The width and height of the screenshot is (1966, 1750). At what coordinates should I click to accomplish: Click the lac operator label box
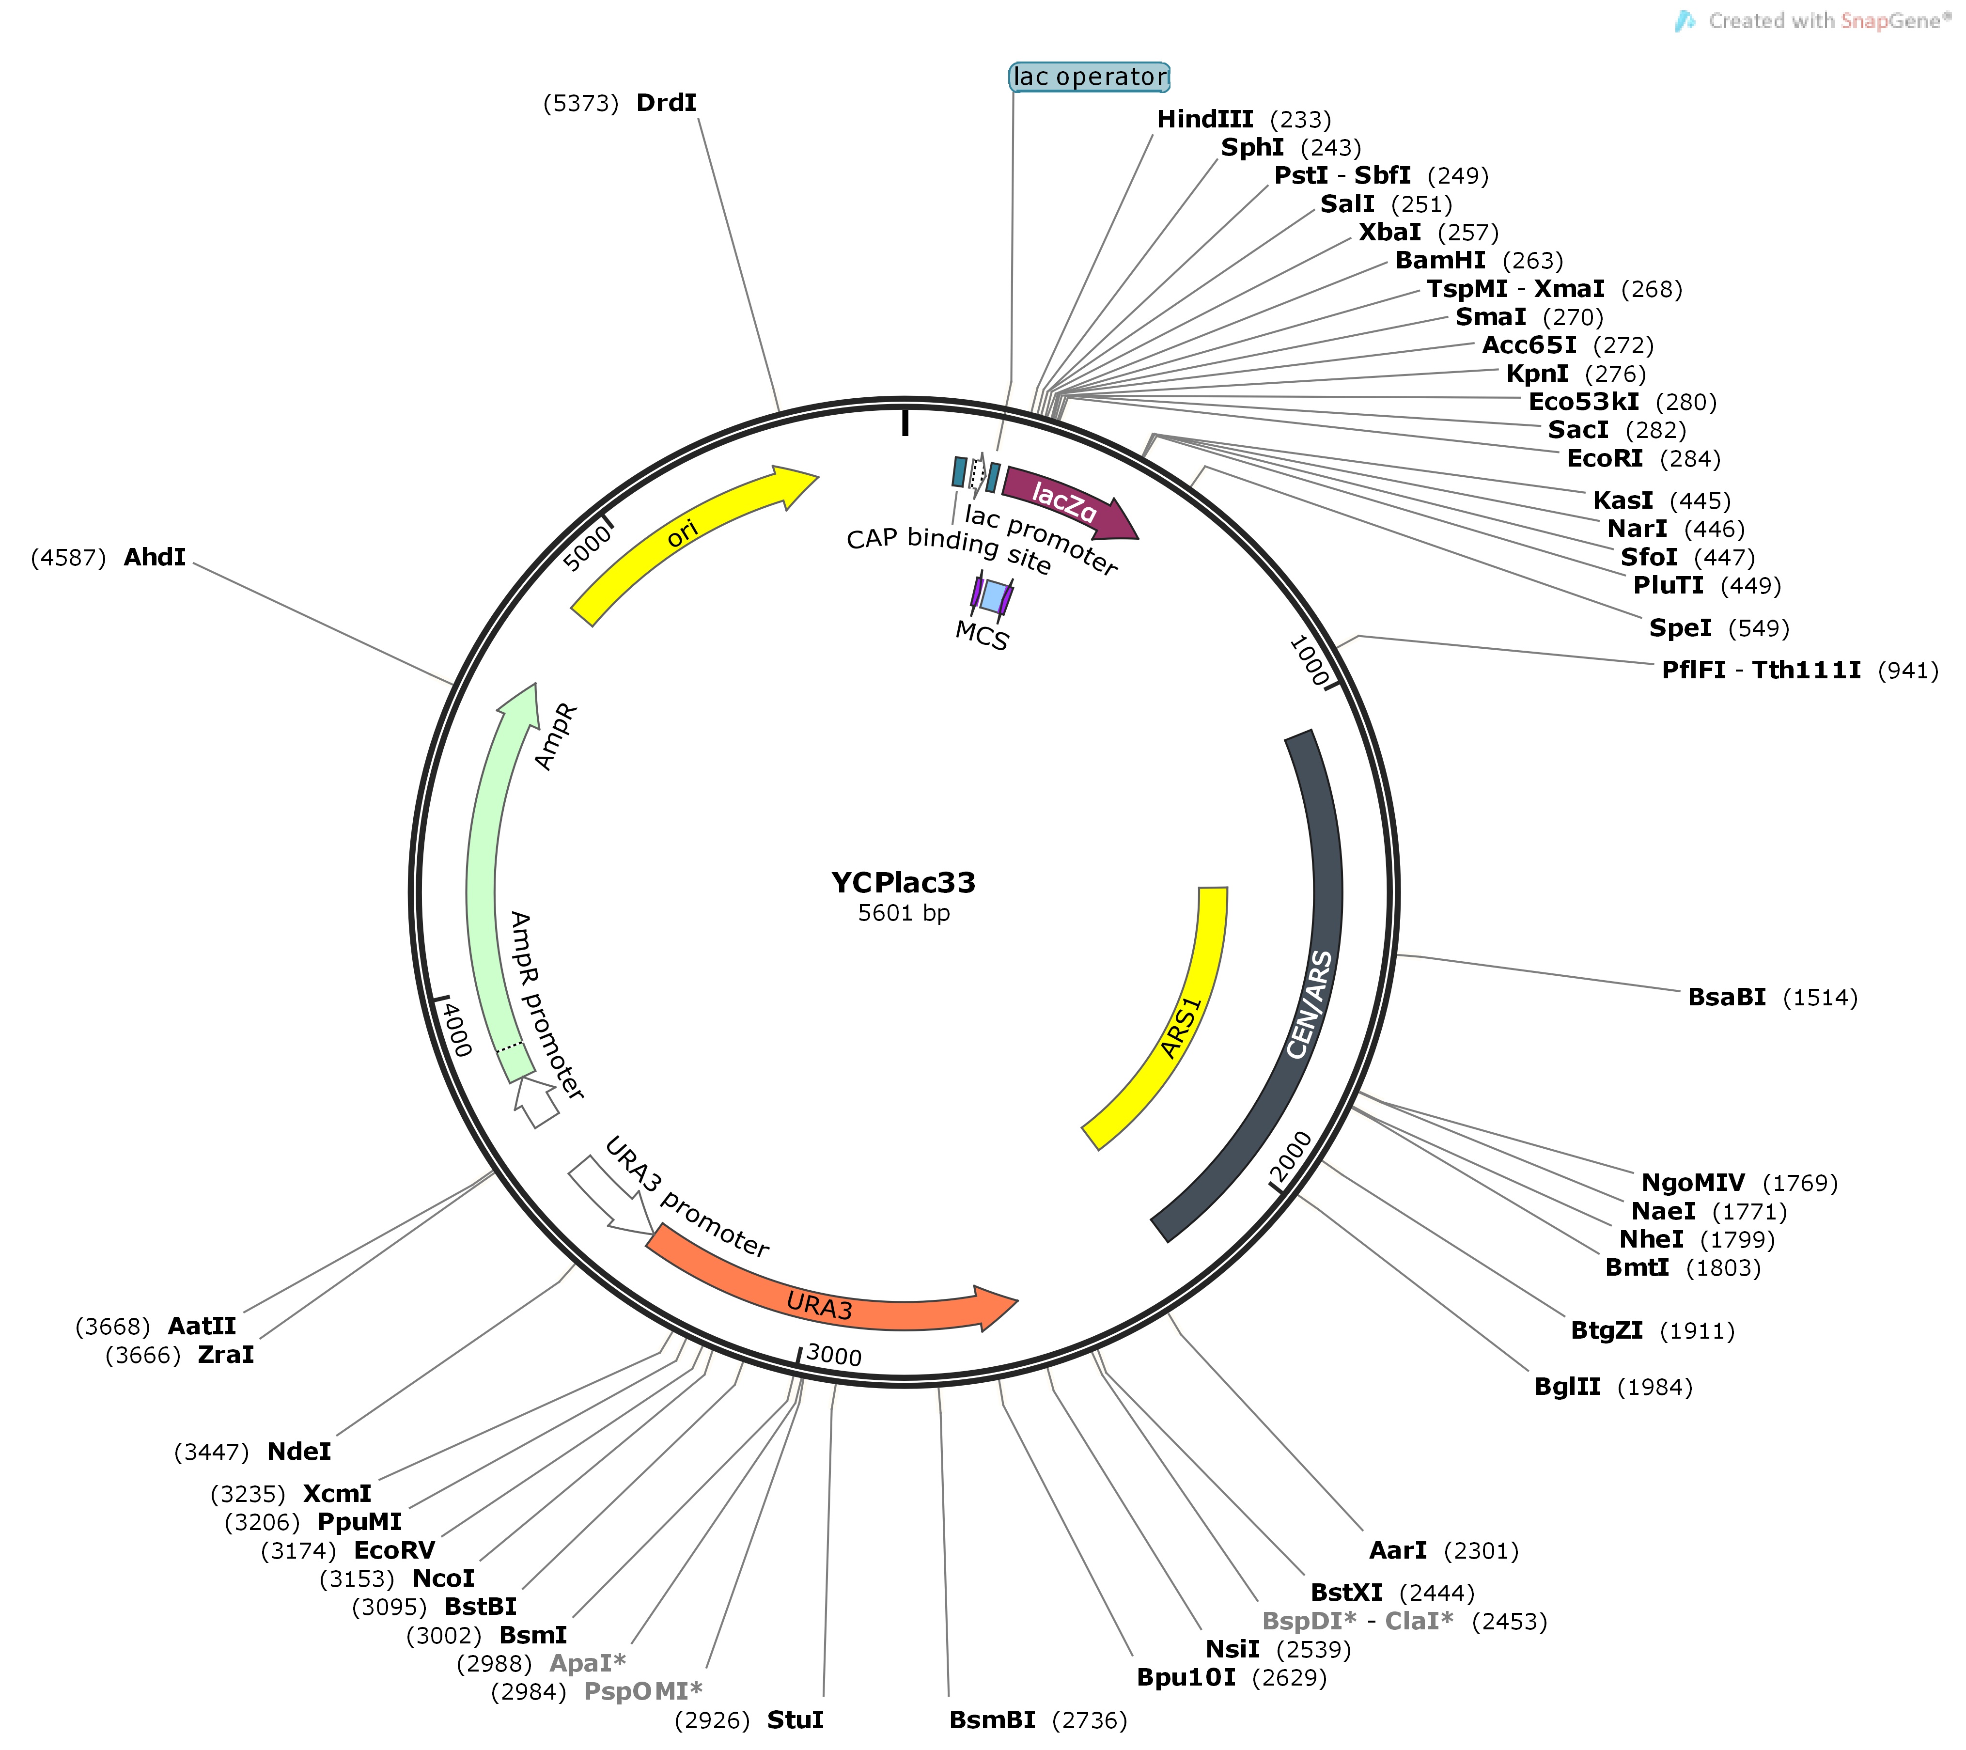pos(1090,77)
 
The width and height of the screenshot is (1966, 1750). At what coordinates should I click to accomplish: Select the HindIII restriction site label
pos(1204,119)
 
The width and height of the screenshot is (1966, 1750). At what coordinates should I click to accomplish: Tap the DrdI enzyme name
pos(666,103)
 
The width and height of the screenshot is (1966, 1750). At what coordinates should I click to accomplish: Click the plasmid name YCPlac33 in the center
pos(903,882)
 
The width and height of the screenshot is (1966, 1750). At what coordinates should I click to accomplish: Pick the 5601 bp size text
pos(903,913)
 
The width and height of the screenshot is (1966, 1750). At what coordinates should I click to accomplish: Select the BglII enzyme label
pos(1567,1386)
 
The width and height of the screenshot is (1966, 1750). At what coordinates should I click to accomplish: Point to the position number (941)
pos(1907,671)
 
